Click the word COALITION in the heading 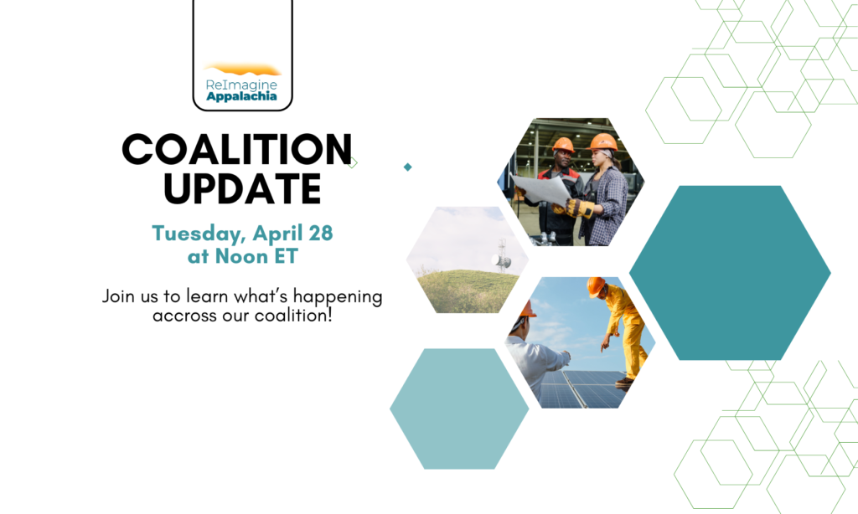237,149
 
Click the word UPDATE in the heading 242,188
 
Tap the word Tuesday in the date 199,234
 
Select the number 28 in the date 321,233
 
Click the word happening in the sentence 338,297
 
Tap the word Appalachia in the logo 241,96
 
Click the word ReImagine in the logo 241,85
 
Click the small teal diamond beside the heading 408,167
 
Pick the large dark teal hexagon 730,273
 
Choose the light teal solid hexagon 459,409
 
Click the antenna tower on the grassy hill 502,255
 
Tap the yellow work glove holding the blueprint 580,208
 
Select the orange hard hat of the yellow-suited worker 596,286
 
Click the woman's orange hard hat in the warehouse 603,141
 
